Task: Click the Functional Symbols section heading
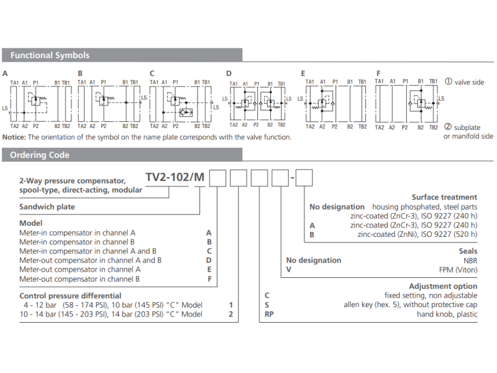(x=50, y=55)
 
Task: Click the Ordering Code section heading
(x=40, y=155)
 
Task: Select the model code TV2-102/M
(x=175, y=177)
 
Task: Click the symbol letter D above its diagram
(x=229, y=73)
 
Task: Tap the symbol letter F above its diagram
(x=378, y=73)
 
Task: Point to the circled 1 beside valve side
(x=449, y=81)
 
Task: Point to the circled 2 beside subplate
(x=448, y=127)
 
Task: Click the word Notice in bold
(x=14, y=137)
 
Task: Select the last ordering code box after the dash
(x=304, y=178)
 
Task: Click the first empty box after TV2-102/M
(x=218, y=178)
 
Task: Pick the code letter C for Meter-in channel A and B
(x=209, y=251)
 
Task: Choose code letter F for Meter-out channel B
(x=209, y=279)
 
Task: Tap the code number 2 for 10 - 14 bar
(x=230, y=314)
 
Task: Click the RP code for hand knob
(x=269, y=314)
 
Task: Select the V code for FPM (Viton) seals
(x=289, y=270)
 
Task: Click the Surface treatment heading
(x=444, y=197)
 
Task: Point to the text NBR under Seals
(x=470, y=260)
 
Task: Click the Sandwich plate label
(x=47, y=207)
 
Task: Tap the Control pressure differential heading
(x=70, y=296)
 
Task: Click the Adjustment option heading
(x=443, y=286)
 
